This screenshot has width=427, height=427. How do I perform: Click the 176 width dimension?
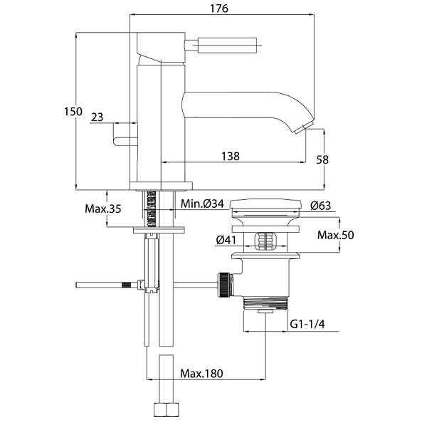coord(219,9)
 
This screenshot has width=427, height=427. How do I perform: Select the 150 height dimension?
coord(73,112)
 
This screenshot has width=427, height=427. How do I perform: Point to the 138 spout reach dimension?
coord(229,155)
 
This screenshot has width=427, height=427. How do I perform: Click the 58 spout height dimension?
coord(322,160)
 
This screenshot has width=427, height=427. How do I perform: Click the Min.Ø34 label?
coord(202,205)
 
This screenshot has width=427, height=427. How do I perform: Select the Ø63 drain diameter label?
coord(322,205)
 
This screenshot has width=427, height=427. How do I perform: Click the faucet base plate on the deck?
coord(161,186)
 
